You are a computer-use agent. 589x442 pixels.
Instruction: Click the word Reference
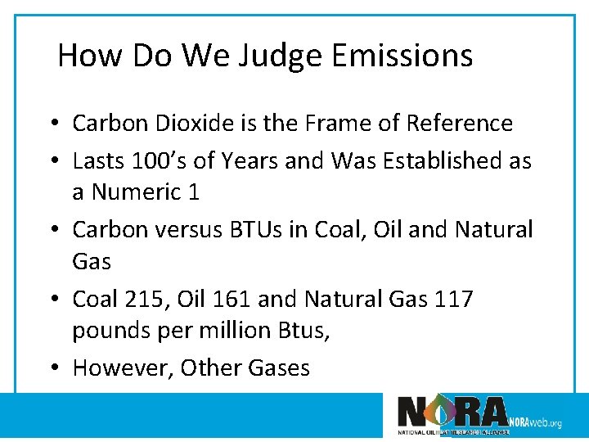(x=463, y=124)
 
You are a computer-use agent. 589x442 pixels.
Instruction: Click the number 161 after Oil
(x=232, y=299)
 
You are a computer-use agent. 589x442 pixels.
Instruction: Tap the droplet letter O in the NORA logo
(x=441, y=411)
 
